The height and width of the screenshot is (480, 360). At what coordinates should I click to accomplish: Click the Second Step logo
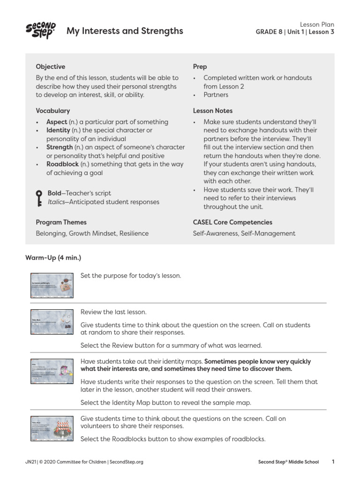tap(41, 30)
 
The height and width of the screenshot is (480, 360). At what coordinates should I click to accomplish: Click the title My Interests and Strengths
tap(125, 31)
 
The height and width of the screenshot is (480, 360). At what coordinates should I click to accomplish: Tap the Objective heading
tap(51, 67)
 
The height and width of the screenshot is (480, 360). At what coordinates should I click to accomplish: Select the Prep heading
tap(200, 67)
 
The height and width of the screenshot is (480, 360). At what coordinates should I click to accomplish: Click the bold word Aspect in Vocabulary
tap(57, 122)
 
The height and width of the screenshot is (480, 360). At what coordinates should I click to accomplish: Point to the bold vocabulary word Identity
tap(58, 130)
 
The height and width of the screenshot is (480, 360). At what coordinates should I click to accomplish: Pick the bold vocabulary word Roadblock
tap(62, 165)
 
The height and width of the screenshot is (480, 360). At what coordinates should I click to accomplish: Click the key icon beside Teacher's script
tap(39, 198)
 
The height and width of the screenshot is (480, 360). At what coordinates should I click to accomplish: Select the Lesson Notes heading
tap(212, 111)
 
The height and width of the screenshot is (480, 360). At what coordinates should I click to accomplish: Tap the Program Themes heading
tap(61, 222)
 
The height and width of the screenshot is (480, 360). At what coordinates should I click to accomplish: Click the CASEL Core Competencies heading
tap(232, 222)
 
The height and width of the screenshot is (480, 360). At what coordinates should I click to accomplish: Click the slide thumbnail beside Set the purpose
tap(52, 285)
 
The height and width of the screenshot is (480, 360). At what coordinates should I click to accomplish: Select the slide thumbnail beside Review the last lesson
tap(52, 321)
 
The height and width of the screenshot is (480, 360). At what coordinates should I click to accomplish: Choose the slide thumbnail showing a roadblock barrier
tap(52, 428)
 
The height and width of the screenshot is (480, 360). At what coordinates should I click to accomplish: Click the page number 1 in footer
tap(333, 462)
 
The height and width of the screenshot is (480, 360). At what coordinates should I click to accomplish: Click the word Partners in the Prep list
tap(216, 95)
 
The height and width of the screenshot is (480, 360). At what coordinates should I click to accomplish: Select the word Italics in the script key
tap(57, 202)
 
